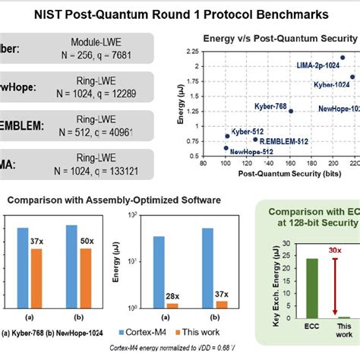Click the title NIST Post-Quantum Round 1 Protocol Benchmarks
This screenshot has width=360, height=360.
click(179, 14)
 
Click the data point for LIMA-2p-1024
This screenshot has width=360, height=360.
click(342, 58)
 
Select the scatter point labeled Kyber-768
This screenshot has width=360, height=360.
click(291, 111)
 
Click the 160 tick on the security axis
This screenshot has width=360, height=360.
click(291, 162)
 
